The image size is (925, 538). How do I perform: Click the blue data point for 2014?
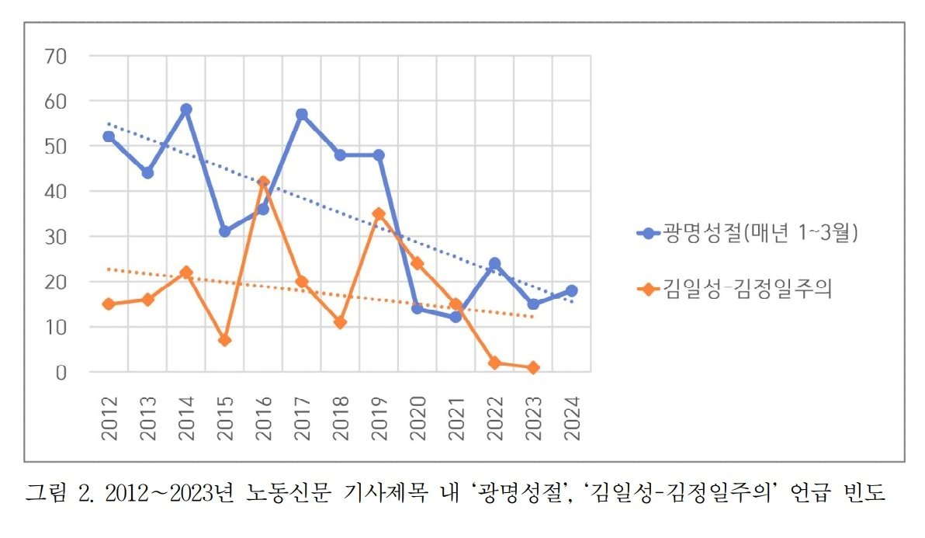pos(186,109)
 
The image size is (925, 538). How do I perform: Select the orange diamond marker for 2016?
pos(263,182)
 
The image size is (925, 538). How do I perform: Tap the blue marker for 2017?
pos(302,114)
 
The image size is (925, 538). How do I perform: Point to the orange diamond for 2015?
pos(225,340)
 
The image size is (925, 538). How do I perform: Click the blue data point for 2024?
pos(571,290)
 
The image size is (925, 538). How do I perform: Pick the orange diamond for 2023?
pos(533,367)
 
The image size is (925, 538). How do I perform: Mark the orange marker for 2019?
pos(379,213)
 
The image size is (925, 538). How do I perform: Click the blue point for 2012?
pos(109,137)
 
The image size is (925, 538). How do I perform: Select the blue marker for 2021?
pos(456,317)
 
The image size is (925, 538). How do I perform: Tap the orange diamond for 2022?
pos(494,363)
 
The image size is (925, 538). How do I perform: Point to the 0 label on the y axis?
pos(62,373)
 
